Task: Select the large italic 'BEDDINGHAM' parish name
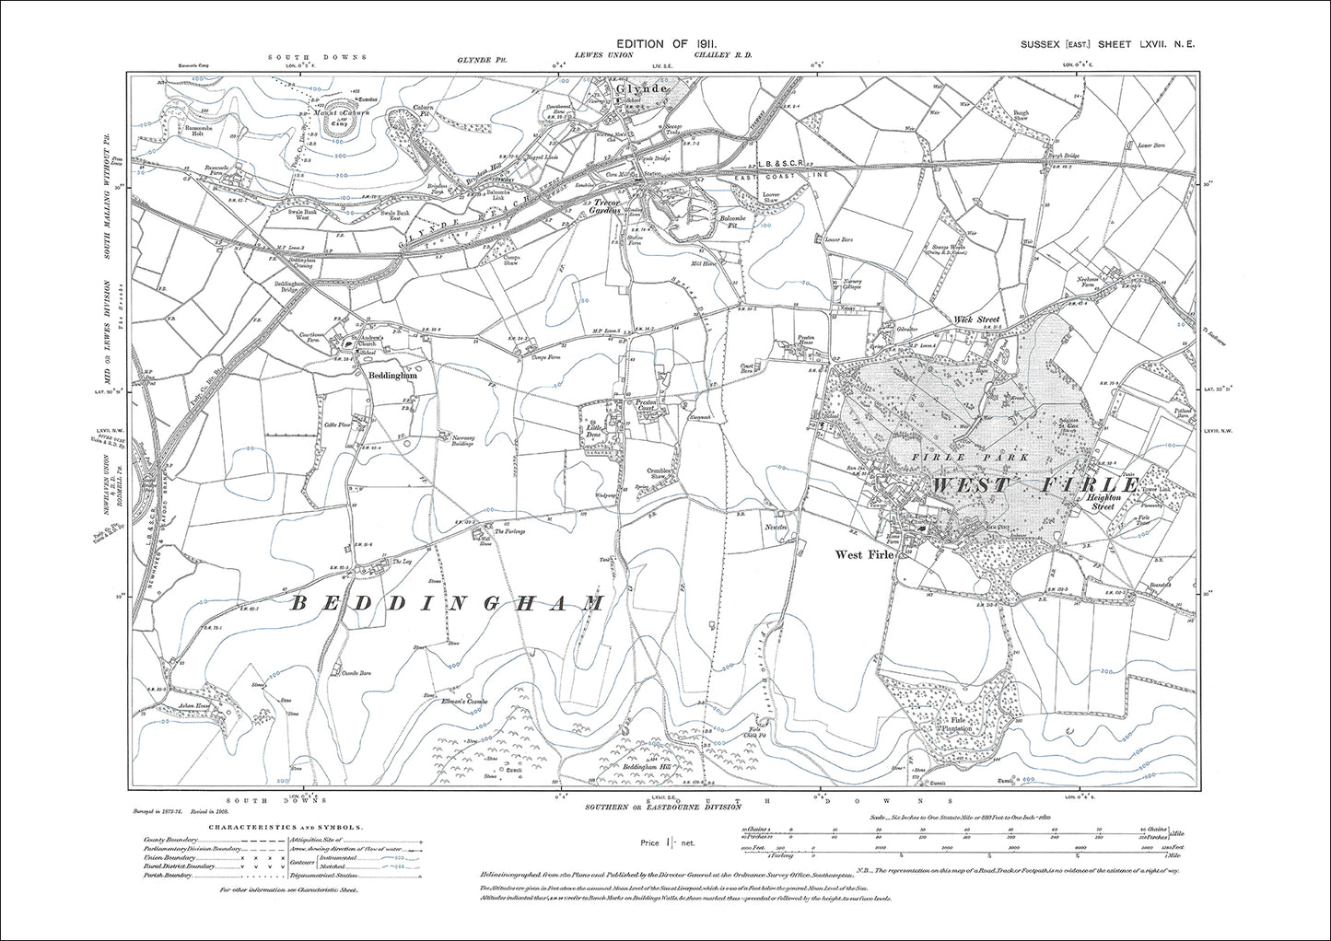[x=449, y=604]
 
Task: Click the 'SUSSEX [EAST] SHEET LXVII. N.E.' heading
[x=1106, y=44]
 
